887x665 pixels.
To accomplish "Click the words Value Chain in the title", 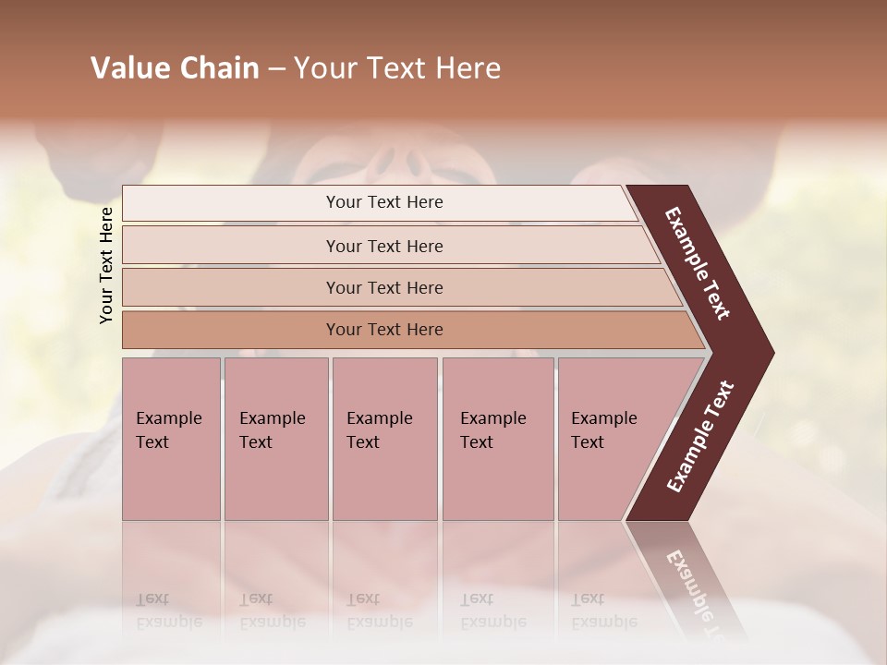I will pyautogui.click(x=175, y=68).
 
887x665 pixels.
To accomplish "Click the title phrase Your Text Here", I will pyautogui.click(x=397, y=68).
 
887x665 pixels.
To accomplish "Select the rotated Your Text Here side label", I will pyautogui.click(x=106, y=265).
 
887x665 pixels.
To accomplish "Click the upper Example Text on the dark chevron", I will pyautogui.click(x=698, y=263).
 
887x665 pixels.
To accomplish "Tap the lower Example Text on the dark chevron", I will pyautogui.click(x=700, y=437).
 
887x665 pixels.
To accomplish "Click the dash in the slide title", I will pyautogui.click(x=276, y=69).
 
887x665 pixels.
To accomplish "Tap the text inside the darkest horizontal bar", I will pyautogui.click(x=384, y=330).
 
